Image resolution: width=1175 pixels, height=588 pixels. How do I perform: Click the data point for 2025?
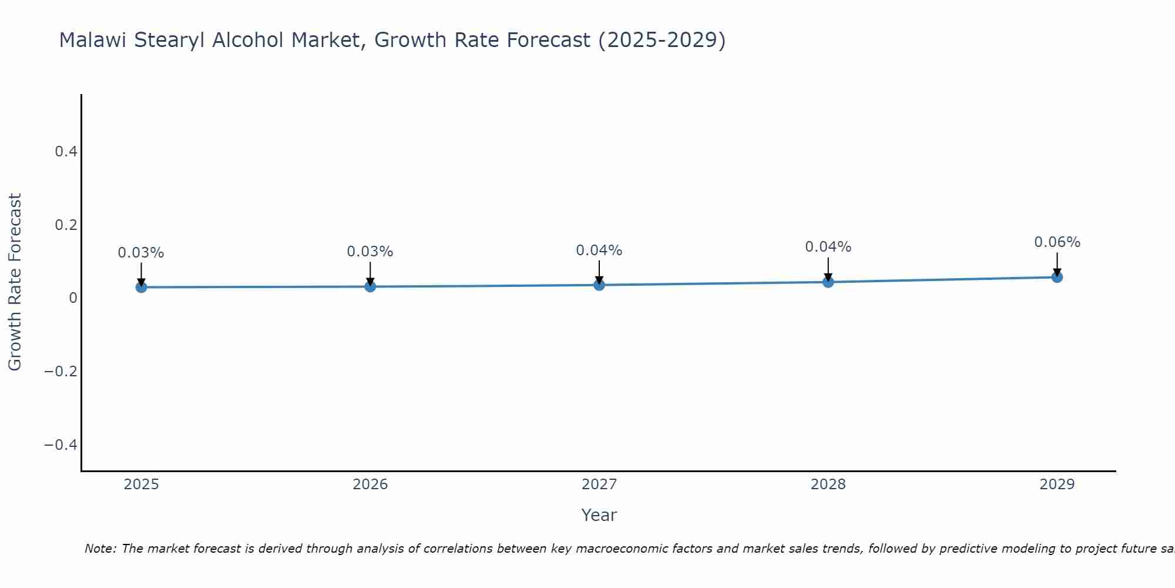point(141,287)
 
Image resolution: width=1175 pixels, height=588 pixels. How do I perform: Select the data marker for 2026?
point(370,286)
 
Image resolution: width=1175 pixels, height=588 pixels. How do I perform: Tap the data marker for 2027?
point(599,285)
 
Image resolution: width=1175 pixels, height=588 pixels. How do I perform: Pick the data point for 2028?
point(828,282)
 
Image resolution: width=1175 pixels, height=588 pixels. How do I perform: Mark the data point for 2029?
point(1057,277)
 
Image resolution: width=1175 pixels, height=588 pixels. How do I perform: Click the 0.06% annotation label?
point(1057,242)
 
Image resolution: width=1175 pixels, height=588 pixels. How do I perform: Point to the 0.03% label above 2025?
point(141,253)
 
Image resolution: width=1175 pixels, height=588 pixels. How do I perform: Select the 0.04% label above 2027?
point(599,250)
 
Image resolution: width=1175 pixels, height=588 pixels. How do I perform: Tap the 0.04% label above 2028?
point(828,247)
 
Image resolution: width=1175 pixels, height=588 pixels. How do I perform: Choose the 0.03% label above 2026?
point(370,252)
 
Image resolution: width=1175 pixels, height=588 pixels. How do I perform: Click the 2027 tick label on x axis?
point(599,485)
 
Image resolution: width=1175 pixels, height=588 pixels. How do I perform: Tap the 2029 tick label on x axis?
point(1057,485)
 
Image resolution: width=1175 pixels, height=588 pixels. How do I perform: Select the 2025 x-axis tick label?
point(141,485)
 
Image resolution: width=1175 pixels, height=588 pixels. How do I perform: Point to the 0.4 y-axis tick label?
point(66,152)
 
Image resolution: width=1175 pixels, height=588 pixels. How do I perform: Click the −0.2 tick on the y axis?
point(61,372)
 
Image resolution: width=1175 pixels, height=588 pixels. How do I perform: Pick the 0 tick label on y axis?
point(73,298)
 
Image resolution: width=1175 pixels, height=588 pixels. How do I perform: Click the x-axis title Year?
point(599,515)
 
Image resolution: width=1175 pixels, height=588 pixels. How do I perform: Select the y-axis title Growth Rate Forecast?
point(15,282)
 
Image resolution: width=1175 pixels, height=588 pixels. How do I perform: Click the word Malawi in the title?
point(93,41)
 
